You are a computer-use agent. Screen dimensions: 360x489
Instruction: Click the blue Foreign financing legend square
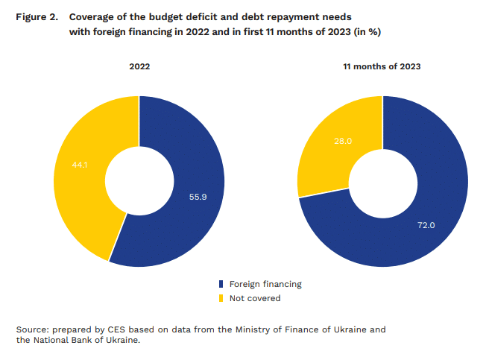[221, 284]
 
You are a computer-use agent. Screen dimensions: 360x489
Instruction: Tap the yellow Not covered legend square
[221, 298]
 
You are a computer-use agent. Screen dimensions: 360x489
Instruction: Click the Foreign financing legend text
[265, 284]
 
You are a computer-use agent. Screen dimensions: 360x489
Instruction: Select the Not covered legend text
[255, 298]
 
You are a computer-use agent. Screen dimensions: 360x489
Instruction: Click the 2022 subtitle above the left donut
[139, 66]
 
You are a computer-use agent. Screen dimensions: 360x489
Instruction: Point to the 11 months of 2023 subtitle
[382, 66]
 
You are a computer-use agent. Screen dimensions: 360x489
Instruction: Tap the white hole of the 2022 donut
[139, 181]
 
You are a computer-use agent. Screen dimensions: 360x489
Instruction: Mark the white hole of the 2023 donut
[382, 181]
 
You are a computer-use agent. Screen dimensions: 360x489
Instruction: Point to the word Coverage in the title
[94, 16]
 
